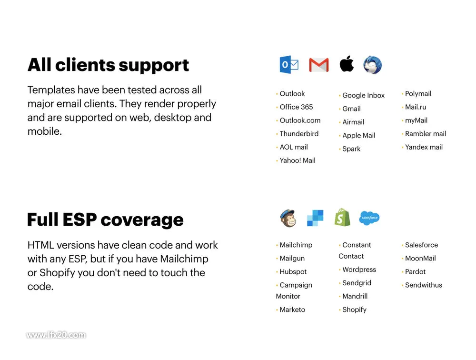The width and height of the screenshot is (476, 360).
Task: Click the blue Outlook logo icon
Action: pyautogui.click(x=289, y=64)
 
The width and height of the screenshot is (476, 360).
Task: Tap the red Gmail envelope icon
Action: pyautogui.click(x=319, y=65)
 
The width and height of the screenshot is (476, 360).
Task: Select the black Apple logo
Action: pyautogui.click(x=347, y=64)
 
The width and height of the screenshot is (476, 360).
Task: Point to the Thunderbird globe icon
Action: pyautogui.click(x=373, y=65)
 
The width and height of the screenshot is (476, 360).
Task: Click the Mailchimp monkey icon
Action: pyautogui.click(x=288, y=218)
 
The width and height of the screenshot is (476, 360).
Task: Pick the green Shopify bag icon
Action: pyautogui.click(x=342, y=217)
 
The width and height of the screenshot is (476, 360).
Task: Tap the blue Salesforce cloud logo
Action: pyautogui.click(x=369, y=218)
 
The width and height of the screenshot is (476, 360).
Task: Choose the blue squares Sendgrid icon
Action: pyautogui.click(x=315, y=218)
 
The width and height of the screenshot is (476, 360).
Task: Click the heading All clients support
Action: pyautogui.click(x=108, y=65)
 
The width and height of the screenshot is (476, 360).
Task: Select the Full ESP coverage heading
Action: pyautogui.click(x=105, y=220)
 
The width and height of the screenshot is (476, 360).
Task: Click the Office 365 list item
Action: pyautogui.click(x=296, y=107)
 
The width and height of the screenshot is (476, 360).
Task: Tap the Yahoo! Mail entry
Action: pyautogui.click(x=297, y=160)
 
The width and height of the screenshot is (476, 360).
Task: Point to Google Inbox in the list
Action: pyautogui.click(x=363, y=95)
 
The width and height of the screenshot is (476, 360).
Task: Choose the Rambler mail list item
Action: pyautogui.click(x=425, y=134)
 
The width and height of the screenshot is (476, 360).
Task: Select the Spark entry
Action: pyautogui.click(x=351, y=149)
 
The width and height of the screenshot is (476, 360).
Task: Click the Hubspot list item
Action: pyautogui.click(x=293, y=271)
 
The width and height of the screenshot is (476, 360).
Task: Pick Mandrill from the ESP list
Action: pyautogui.click(x=355, y=296)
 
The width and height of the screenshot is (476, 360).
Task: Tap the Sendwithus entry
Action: pyautogui.click(x=424, y=285)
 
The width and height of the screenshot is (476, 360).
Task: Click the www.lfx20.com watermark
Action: pyautogui.click(x=56, y=335)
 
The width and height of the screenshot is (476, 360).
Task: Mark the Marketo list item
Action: pyautogui.click(x=292, y=310)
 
